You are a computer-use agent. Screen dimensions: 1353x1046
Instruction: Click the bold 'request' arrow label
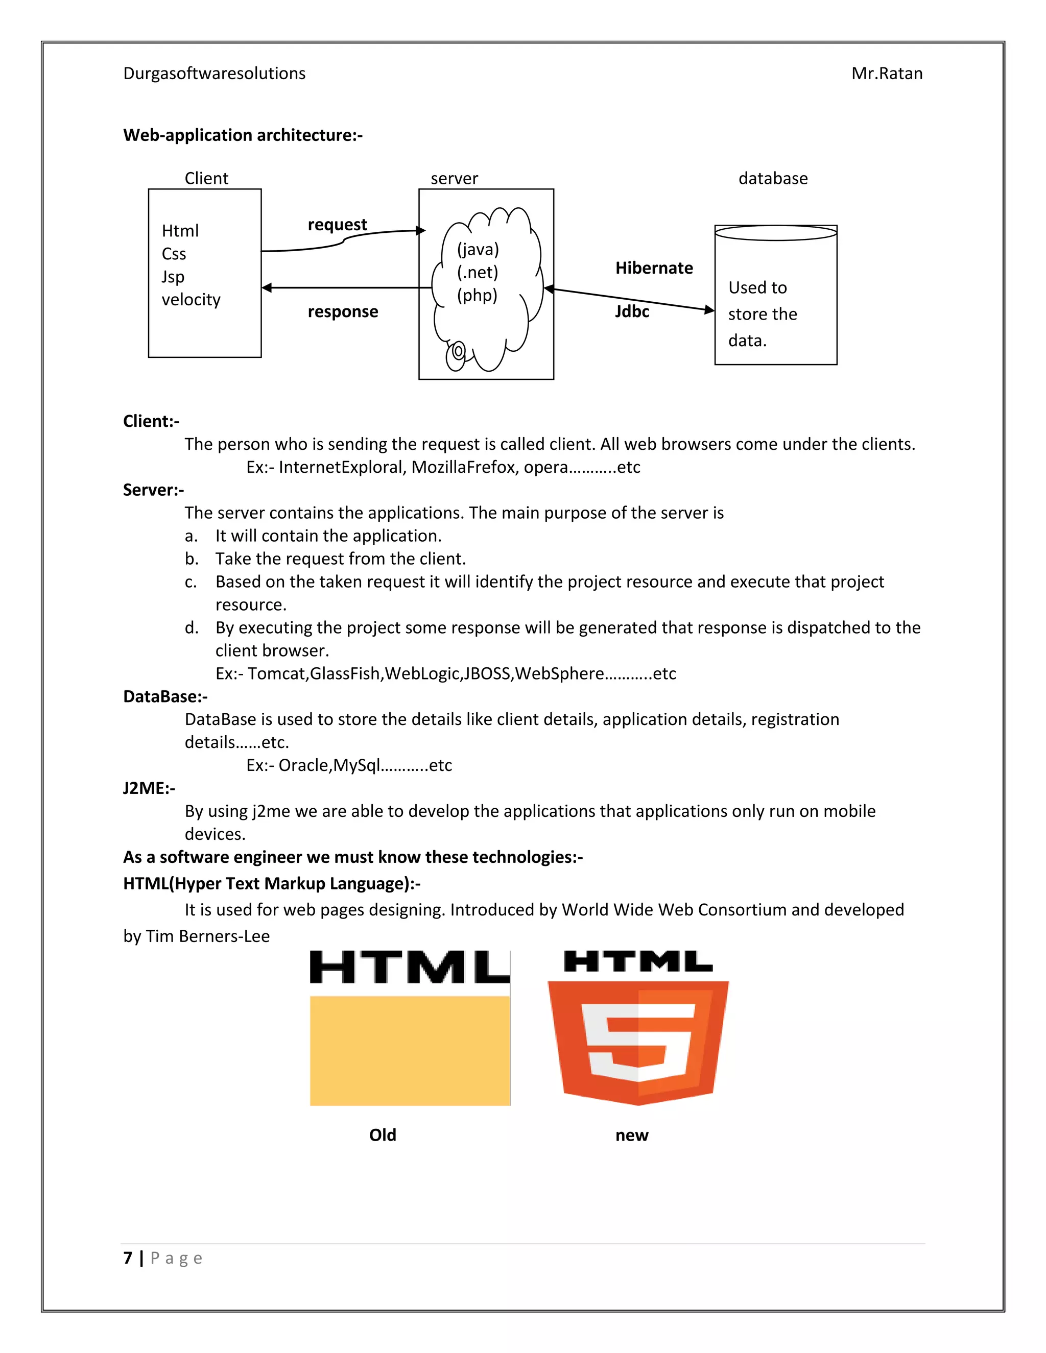click(337, 224)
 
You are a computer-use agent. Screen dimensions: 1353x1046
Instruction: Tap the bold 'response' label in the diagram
click(343, 311)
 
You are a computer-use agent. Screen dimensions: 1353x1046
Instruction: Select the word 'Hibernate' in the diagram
click(654, 268)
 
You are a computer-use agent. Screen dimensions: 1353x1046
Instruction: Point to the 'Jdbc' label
click(632, 311)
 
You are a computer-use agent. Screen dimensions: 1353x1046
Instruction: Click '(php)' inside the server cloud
click(477, 296)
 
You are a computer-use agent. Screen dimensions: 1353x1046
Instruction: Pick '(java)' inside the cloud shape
click(478, 250)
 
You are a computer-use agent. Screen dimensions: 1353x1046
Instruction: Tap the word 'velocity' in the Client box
click(191, 300)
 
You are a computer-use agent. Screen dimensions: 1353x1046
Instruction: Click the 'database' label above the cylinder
click(773, 178)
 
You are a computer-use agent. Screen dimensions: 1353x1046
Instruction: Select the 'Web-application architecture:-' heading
click(243, 135)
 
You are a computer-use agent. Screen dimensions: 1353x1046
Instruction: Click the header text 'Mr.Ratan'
click(887, 74)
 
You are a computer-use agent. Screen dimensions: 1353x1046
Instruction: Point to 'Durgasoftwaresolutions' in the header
click(215, 74)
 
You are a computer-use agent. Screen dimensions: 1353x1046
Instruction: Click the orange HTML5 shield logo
click(638, 1041)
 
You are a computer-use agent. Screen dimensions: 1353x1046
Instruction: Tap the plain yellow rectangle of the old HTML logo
click(410, 1051)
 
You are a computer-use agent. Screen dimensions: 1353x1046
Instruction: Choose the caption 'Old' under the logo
click(383, 1135)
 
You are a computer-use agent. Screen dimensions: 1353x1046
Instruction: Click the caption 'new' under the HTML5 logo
click(631, 1135)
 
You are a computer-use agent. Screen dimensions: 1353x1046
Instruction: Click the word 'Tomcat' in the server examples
click(276, 673)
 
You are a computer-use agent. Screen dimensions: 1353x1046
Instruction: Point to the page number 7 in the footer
click(128, 1258)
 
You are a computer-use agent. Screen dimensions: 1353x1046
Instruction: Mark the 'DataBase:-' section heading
click(165, 696)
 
